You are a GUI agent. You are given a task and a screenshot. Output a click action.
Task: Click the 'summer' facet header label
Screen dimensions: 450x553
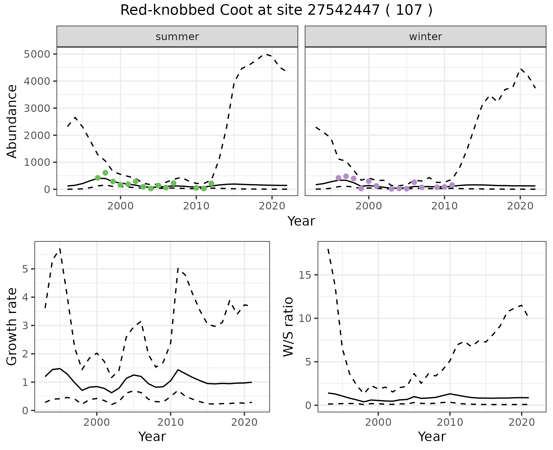[x=177, y=37]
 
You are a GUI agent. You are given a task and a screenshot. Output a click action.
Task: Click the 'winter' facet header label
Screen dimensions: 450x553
[x=425, y=37]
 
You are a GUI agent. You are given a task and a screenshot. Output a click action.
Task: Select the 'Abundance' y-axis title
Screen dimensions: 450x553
[x=12, y=121]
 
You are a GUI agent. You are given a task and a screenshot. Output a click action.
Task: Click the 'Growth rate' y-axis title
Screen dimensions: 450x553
[x=12, y=327]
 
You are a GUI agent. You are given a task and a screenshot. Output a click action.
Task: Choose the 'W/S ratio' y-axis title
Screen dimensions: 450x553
[x=288, y=327]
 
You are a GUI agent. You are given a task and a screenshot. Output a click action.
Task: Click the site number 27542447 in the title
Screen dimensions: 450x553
[x=343, y=10]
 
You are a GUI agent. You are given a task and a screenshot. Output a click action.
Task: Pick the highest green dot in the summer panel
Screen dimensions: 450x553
[x=105, y=173]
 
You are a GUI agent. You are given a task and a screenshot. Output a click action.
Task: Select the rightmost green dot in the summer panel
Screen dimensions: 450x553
[x=211, y=183]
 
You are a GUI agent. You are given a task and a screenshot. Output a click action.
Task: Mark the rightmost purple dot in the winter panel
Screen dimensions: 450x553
[x=452, y=185]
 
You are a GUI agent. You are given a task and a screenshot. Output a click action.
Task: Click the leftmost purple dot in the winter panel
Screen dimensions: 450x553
[x=338, y=178]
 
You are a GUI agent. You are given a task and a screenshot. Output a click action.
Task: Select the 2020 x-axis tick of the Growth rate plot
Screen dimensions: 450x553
[x=244, y=423]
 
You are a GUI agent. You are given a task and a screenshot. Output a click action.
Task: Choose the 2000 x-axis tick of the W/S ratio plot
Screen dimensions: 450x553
[x=378, y=423]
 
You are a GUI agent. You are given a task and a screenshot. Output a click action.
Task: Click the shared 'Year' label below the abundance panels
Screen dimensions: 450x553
[x=301, y=221]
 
